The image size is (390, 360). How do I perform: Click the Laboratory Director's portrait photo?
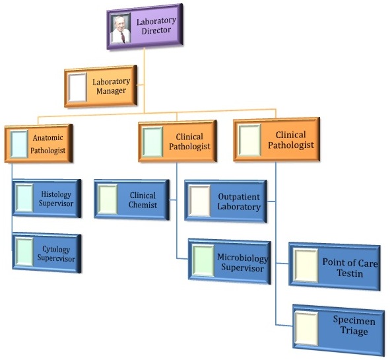point(121,28)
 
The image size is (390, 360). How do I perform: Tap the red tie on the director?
point(123,38)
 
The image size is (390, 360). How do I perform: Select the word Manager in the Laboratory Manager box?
point(111,91)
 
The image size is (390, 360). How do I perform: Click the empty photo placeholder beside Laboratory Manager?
point(77,87)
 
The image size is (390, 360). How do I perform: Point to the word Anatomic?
point(48,137)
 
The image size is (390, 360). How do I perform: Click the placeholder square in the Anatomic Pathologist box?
point(19,145)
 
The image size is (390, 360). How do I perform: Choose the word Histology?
point(56,194)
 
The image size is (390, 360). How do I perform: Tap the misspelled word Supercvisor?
point(56,258)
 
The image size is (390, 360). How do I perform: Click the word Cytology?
point(56,249)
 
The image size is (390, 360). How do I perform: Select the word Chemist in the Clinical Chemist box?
point(143,205)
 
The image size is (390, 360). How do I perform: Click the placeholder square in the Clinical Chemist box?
point(108,199)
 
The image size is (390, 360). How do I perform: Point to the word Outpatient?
point(239,197)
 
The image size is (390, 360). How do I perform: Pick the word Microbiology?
point(243,258)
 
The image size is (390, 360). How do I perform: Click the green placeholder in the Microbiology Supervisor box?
point(203,261)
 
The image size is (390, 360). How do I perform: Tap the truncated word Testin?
point(350,273)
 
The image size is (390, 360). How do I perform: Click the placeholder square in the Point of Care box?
point(306,265)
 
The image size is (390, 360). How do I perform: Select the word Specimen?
point(354,320)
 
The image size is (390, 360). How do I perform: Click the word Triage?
point(354,332)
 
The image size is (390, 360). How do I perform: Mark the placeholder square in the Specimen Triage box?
point(306,328)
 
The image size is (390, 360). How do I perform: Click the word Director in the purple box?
point(156,30)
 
